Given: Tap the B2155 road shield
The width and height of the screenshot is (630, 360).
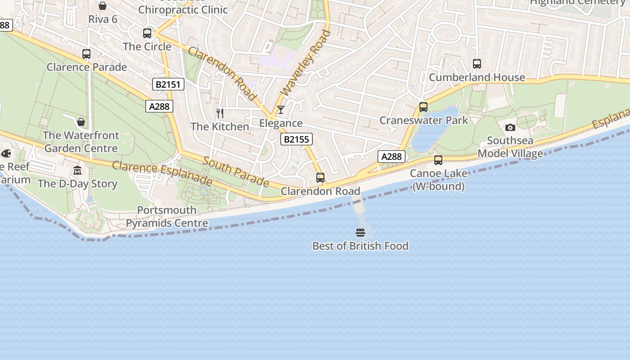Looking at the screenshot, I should tap(296, 139).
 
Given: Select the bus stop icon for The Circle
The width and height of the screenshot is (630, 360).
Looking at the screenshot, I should tap(147, 33).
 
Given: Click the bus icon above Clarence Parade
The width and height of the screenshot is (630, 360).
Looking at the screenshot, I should tap(86, 54).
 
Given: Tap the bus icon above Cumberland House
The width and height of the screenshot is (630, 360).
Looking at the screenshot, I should tap(477, 64).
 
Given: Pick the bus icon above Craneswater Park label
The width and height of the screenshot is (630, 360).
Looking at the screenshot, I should tap(423, 107).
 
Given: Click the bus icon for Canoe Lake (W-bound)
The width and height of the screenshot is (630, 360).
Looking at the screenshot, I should tap(438, 160).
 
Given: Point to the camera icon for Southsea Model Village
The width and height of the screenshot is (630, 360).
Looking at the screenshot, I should tap(510, 127).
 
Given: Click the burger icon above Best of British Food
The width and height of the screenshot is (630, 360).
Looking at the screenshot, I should tap(360, 233).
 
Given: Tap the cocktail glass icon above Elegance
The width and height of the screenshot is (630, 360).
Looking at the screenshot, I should tap(281, 110).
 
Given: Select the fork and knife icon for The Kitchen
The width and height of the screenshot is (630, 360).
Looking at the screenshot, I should tap(220, 113).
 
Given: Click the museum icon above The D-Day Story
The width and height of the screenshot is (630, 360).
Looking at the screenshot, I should tap(77, 171).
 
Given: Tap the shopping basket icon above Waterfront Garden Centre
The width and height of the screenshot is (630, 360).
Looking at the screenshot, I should tap(81, 122).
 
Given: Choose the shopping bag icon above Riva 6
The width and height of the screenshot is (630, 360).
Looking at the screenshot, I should tap(103, 6).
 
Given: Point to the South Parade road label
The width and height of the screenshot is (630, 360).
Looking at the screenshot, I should tap(236, 171).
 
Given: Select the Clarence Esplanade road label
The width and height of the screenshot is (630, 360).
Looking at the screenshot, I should tap(162, 173).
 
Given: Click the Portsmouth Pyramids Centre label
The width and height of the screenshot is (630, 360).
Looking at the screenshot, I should tap(167, 216).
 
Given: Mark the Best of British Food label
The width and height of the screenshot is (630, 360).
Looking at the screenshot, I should tap(360, 246).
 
